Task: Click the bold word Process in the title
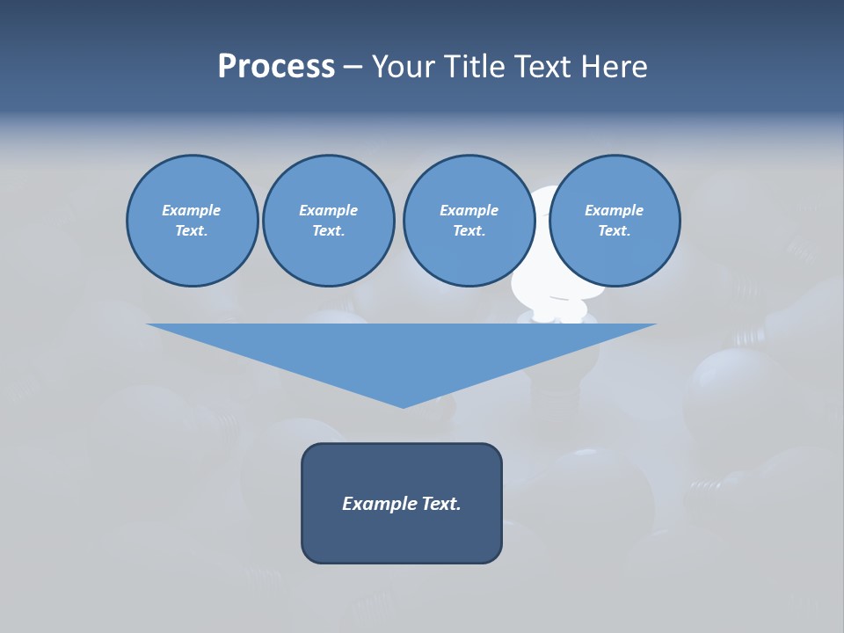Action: [x=276, y=67]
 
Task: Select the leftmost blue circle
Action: [x=192, y=221]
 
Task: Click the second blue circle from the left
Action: [x=328, y=221]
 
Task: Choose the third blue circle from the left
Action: [x=469, y=221]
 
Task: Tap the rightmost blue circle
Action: [x=615, y=221]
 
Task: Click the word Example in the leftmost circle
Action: [x=192, y=210]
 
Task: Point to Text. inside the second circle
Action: [x=328, y=231]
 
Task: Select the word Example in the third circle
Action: [x=469, y=210]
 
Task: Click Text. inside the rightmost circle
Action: [x=615, y=231]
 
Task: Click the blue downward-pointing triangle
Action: [x=402, y=352]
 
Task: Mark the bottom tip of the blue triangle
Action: [x=403, y=406]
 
